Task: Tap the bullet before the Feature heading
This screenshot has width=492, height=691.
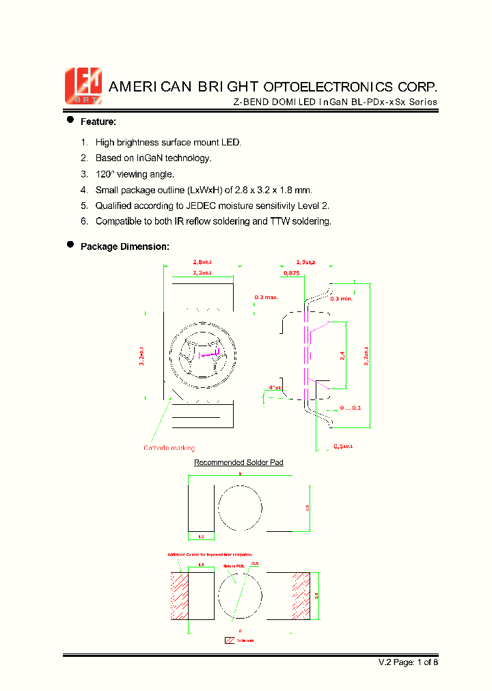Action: click(x=70, y=120)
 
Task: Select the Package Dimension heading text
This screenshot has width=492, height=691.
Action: click(x=124, y=246)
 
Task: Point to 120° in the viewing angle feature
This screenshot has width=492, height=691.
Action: click(x=107, y=174)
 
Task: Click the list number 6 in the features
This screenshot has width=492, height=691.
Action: click(x=84, y=221)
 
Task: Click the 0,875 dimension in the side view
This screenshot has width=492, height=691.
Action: click(x=292, y=273)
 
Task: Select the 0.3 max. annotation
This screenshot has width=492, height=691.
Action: click(x=266, y=298)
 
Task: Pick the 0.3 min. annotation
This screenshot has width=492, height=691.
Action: click(x=341, y=298)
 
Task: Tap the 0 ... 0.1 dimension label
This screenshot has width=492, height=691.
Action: click(x=351, y=408)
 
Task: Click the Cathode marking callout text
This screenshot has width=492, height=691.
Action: click(x=169, y=448)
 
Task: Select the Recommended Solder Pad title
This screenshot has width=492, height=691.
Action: click(x=238, y=462)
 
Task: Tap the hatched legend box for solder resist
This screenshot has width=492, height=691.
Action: click(x=229, y=640)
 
